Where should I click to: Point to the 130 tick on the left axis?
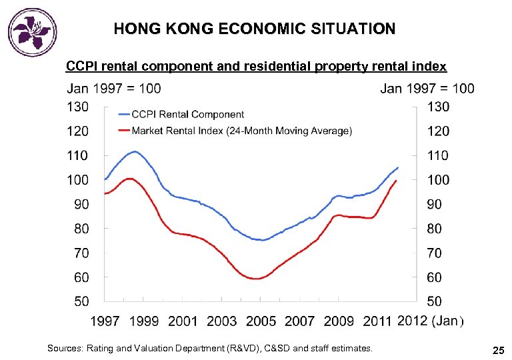(77, 107)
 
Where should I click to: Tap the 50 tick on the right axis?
(434, 301)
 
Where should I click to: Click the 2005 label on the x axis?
(261, 321)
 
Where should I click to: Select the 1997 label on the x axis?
(105, 321)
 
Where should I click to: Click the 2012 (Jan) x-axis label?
(428, 321)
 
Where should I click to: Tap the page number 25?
(498, 350)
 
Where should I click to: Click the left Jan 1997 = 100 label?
(113, 89)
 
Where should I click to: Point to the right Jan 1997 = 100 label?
(427, 89)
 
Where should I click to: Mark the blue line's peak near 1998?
(135, 151)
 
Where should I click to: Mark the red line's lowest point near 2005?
(255, 279)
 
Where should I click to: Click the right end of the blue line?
(398, 167)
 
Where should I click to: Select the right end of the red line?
(397, 181)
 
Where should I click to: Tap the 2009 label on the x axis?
(339, 321)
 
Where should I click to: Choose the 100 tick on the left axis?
(77, 180)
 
